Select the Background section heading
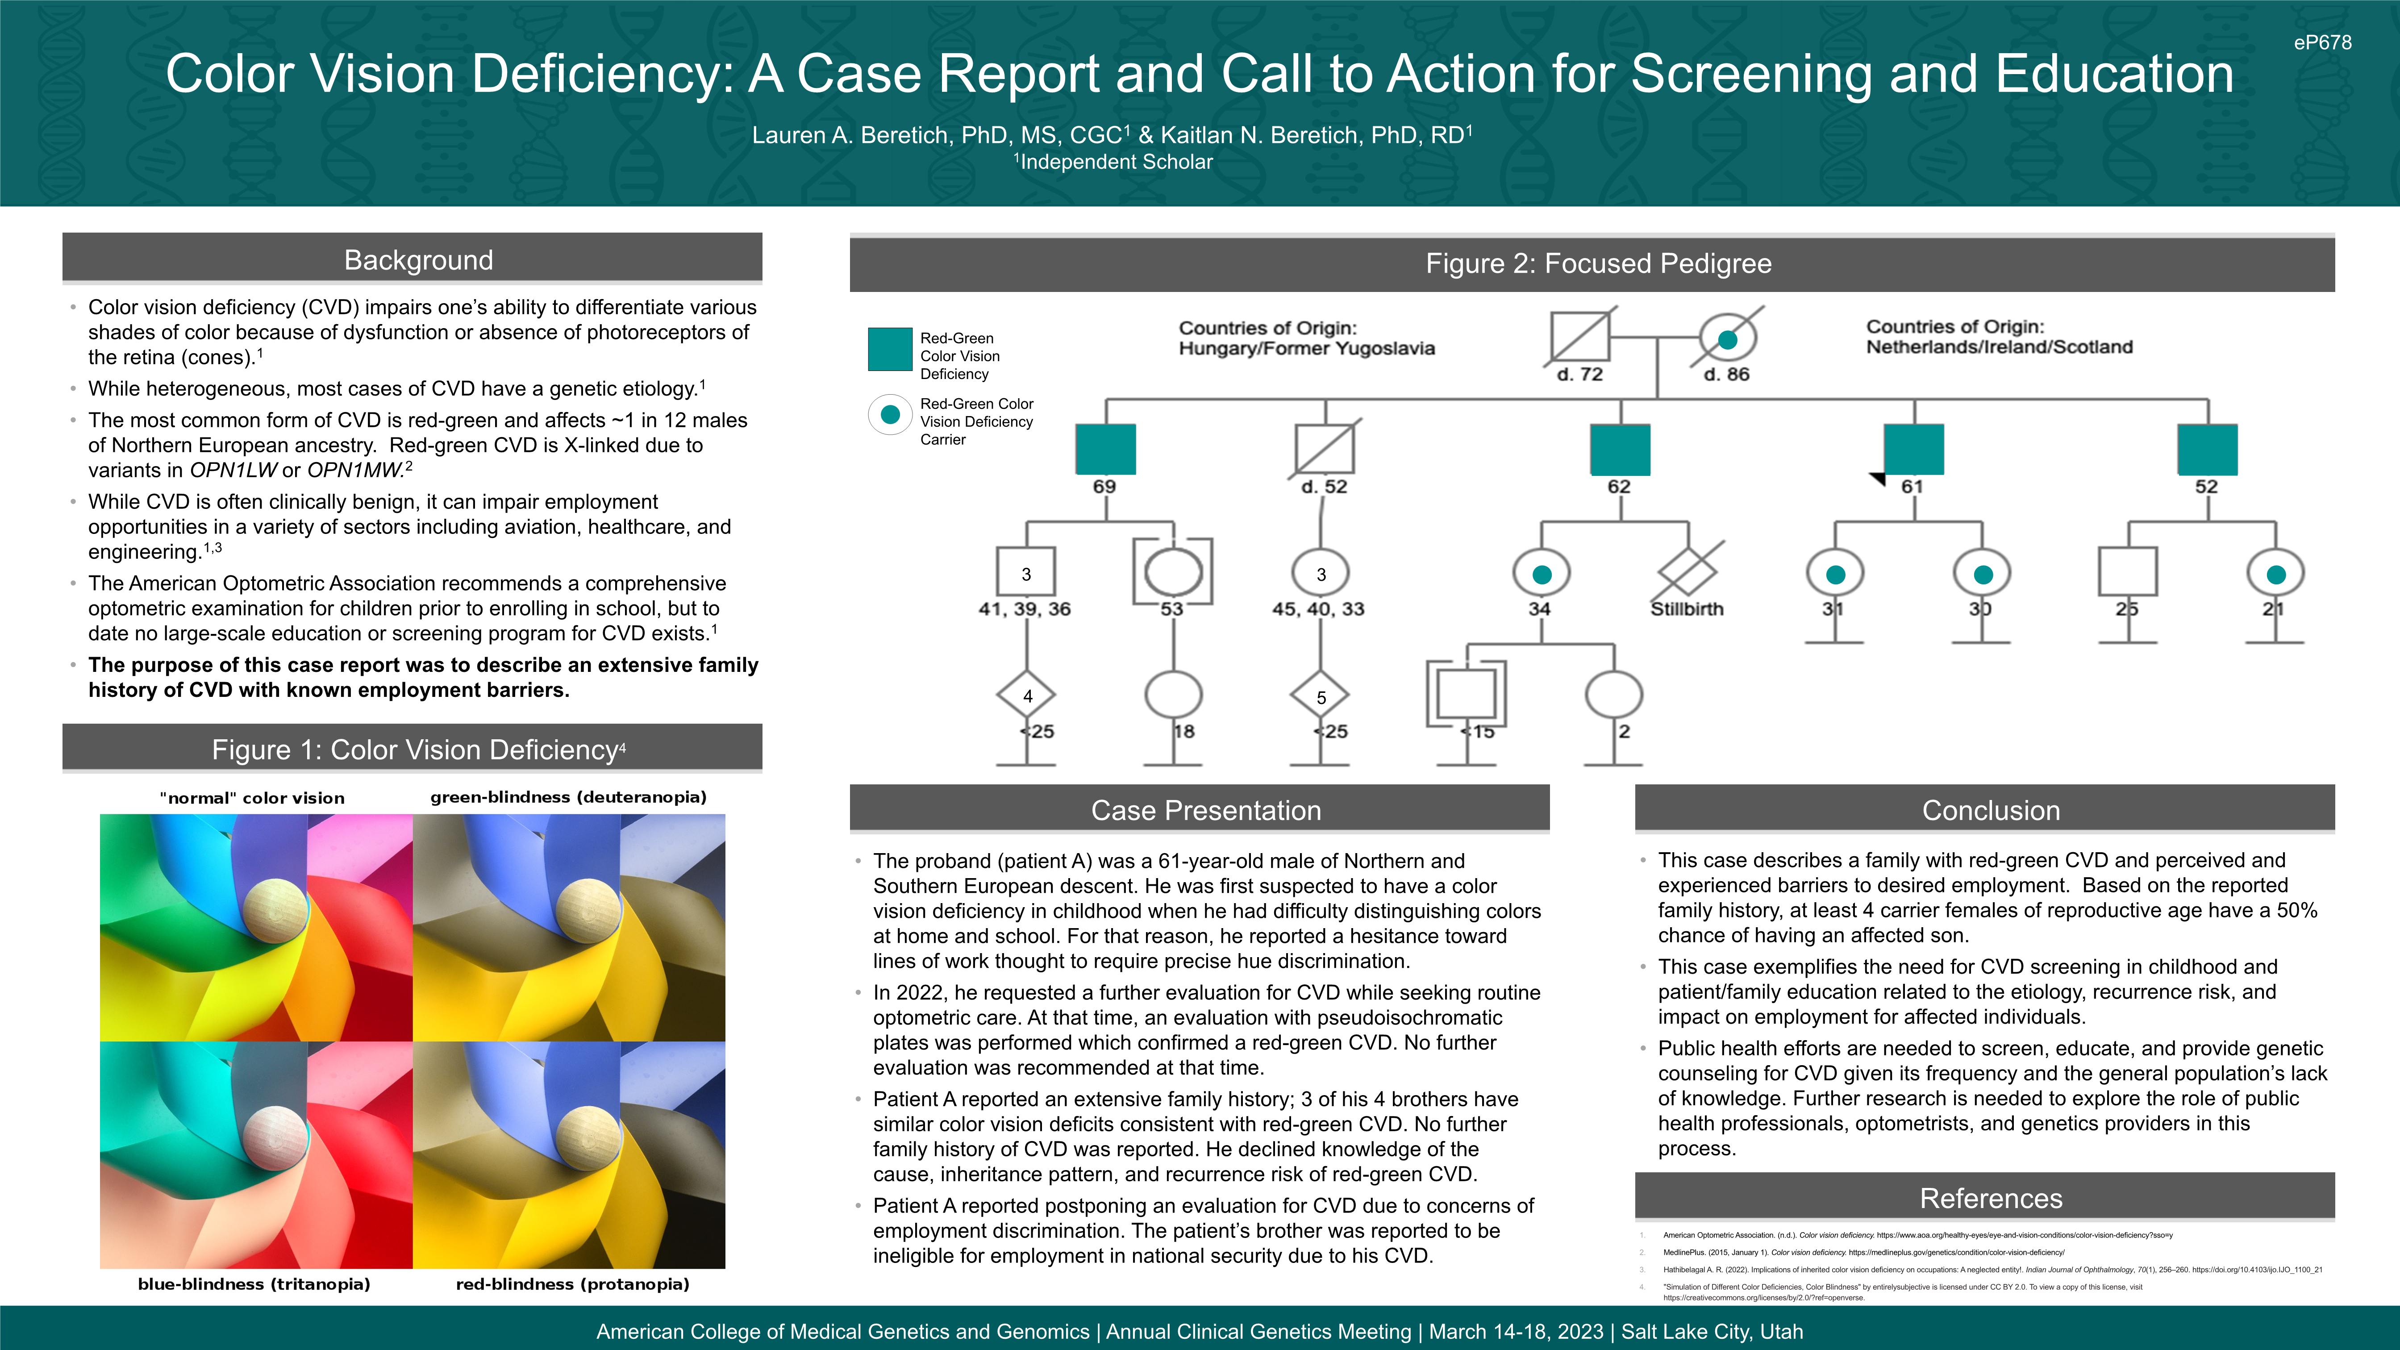pyautogui.click(x=418, y=260)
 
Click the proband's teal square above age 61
pyautogui.click(x=1914, y=449)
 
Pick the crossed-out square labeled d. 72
pyautogui.click(x=1579, y=337)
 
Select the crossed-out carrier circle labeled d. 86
pyautogui.click(x=1727, y=339)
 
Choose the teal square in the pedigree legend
pyautogui.click(x=890, y=350)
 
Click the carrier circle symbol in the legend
pyautogui.click(x=890, y=415)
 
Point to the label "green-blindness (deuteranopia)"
pyautogui.click(x=568, y=797)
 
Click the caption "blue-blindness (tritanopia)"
pyautogui.click(x=254, y=1284)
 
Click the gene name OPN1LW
pyautogui.click(x=233, y=471)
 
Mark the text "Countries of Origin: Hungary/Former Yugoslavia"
pyautogui.click(x=1306, y=338)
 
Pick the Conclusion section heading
pyautogui.click(x=1991, y=811)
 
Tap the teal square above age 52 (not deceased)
pyautogui.click(x=2207, y=449)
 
